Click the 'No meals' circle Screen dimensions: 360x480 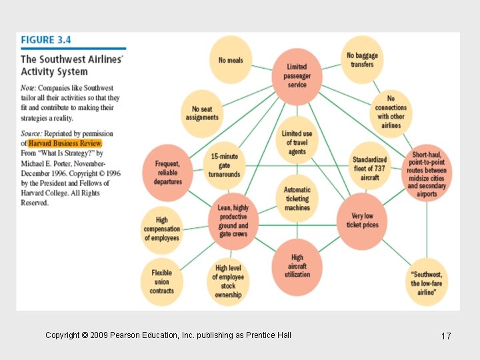click(x=231, y=60)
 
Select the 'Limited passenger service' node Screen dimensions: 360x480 click(x=297, y=76)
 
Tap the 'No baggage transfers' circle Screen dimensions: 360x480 click(x=362, y=60)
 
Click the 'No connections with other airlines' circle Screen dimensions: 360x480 click(x=391, y=111)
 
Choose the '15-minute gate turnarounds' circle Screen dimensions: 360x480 click(x=225, y=165)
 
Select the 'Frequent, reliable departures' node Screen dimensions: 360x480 click(x=167, y=172)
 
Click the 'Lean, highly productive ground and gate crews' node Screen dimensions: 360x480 click(x=233, y=221)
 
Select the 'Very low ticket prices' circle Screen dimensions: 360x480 click(x=362, y=221)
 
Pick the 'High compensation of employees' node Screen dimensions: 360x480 click(x=161, y=229)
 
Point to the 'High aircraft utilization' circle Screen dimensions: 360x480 click(x=297, y=265)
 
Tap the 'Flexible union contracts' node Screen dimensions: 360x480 click(x=161, y=281)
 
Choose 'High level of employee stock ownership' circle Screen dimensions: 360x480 click(x=228, y=281)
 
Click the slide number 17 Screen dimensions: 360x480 click(x=446, y=336)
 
